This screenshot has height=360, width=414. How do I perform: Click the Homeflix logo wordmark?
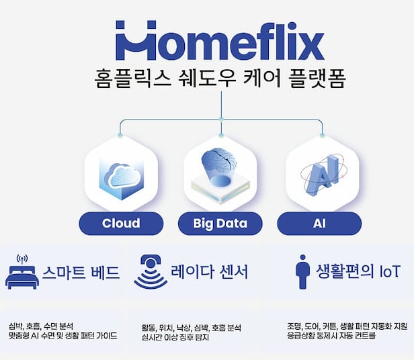(x=220, y=41)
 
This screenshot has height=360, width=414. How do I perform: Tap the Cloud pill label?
(x=121, y=223)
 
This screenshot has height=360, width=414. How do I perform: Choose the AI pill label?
(x=319, y=223)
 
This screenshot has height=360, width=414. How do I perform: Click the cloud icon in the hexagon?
(x=121, y=176)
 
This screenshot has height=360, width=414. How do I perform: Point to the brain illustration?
(x=220, y=165)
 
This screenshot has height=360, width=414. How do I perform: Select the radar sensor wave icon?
(x=151, y=272)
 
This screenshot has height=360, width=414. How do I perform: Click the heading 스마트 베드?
(x=81, y=273)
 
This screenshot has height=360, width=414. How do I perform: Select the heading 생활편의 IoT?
(x=358, y=271)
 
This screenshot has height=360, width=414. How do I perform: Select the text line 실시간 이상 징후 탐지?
(x=172, y=336)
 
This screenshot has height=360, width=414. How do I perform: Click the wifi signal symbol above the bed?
(x=21, y=259)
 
